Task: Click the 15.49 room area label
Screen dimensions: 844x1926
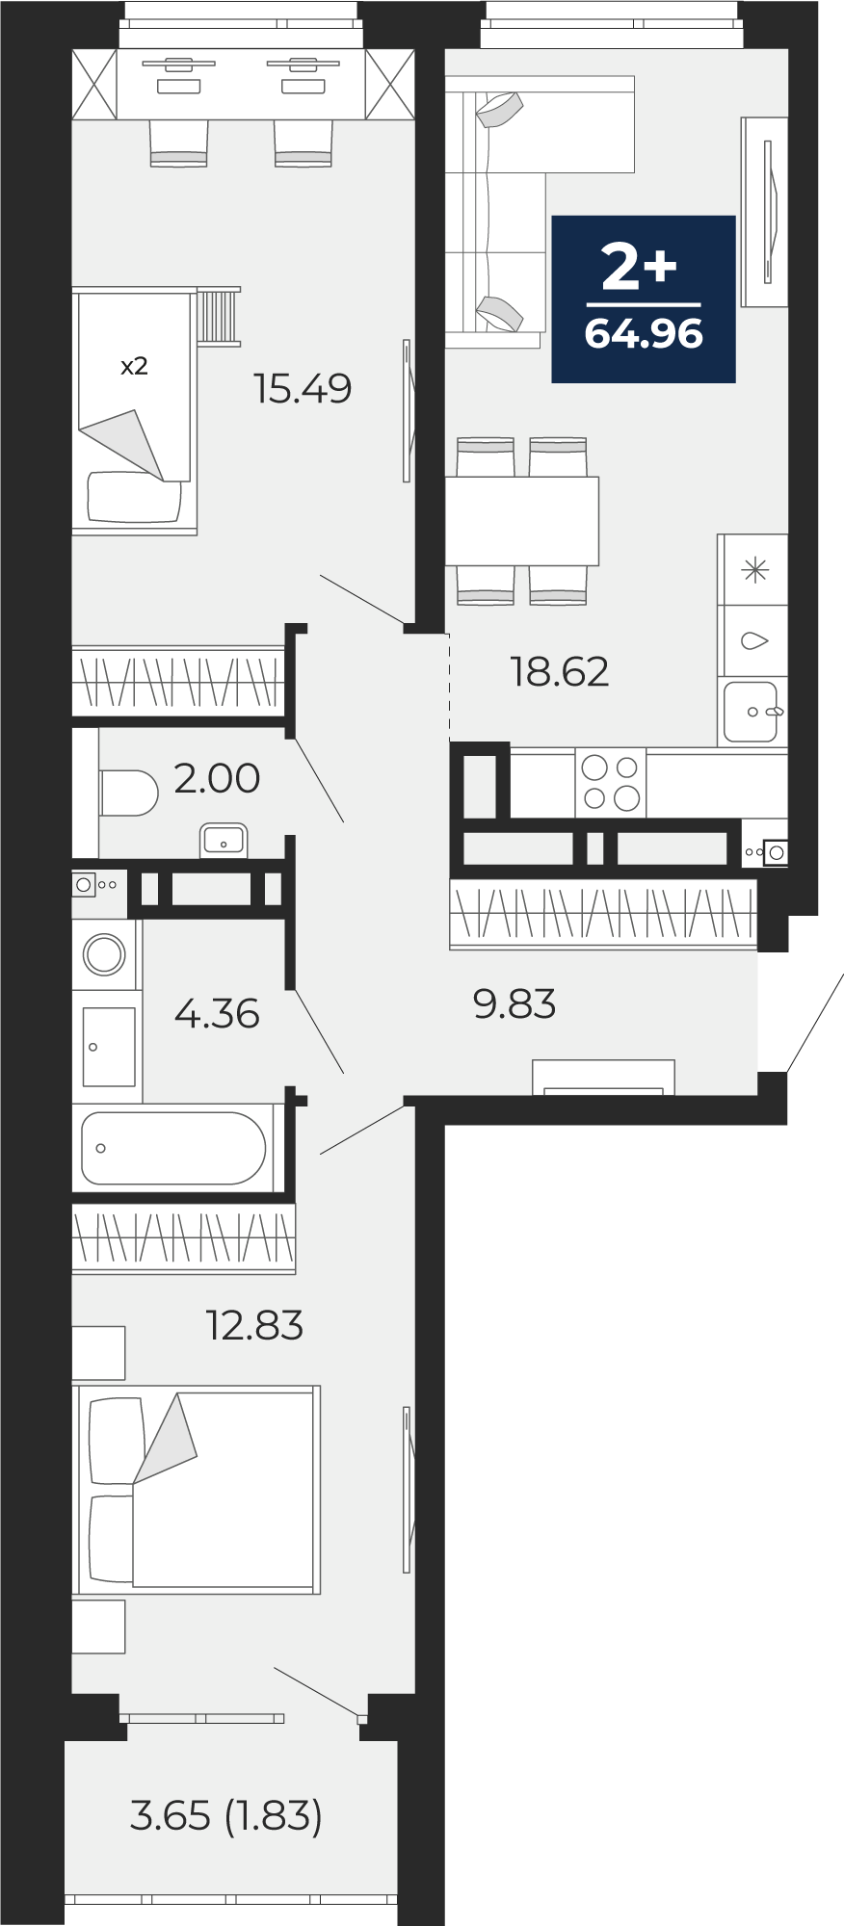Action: coord(303,388)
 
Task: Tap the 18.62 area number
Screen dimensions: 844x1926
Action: coord(560,671)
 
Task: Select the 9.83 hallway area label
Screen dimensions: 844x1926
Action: coord(514,1003)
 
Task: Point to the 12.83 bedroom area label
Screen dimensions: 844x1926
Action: coord(254,1325)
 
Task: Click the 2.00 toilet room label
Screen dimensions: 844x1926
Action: coord(217,778)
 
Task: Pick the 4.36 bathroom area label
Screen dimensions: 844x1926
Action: coord(217,1013)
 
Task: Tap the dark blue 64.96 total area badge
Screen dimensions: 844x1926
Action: coord(644,299)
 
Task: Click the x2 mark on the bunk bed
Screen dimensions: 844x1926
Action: coord(134,366)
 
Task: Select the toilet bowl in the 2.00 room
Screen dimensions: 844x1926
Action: coord(128,793)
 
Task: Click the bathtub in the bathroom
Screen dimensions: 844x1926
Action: coord(173,1148)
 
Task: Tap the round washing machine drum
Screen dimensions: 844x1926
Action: coord(104,955)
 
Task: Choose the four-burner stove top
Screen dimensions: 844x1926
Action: coord(611,783)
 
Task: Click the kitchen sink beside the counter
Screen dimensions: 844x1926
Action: coord(750,712)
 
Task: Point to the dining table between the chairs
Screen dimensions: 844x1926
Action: coord(522,521)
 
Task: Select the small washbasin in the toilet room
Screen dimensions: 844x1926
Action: coord(224,841)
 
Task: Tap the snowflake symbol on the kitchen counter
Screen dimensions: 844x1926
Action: coord(754,570)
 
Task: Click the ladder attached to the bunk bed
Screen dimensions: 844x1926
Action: coord(219,315)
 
